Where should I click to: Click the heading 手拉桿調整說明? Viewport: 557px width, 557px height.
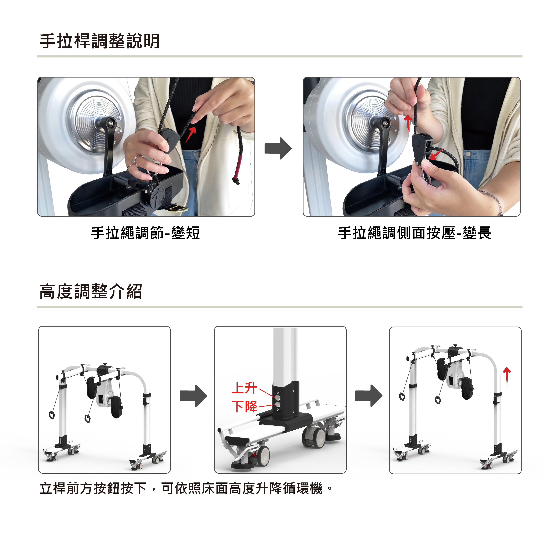pos(99,41)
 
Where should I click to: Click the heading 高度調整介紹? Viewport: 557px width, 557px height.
pos(91,291)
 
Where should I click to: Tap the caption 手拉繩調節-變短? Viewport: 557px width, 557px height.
pos(145,233)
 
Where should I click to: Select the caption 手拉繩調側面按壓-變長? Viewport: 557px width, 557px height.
pos(415,233)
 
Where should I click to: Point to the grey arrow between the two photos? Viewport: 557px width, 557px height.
pos(278,148)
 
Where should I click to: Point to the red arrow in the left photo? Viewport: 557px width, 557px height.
pos(191,135)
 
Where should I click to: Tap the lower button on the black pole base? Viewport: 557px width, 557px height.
pos(278,404)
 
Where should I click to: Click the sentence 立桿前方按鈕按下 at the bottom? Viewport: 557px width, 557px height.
pos(93,488)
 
